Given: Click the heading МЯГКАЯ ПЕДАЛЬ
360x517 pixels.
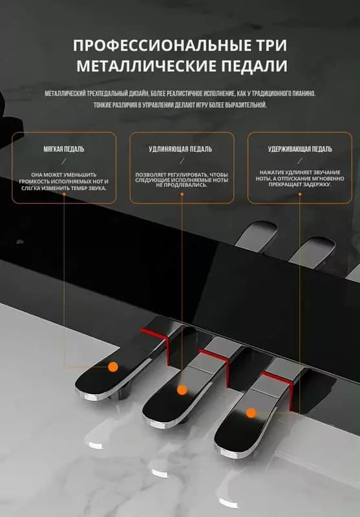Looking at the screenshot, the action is pos(64,149).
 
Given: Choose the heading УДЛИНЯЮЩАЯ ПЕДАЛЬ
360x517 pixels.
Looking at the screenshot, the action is pos(180,149).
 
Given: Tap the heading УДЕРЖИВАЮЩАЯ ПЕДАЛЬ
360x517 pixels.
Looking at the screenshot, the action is pos(300,149).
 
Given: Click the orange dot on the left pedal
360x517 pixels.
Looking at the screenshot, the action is pos(113,366).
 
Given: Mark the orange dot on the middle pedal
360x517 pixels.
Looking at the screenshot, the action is pos(182,390).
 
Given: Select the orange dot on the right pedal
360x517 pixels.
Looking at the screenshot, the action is pos(251,413).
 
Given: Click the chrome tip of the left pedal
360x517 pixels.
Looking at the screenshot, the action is pos(87,394).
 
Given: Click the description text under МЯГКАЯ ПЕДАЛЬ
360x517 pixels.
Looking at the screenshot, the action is pos(63,182).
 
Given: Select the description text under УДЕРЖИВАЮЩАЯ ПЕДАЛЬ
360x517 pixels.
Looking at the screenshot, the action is pos(300,178).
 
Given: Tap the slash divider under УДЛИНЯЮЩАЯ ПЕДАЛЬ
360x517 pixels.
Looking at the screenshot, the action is pos(182,161).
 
